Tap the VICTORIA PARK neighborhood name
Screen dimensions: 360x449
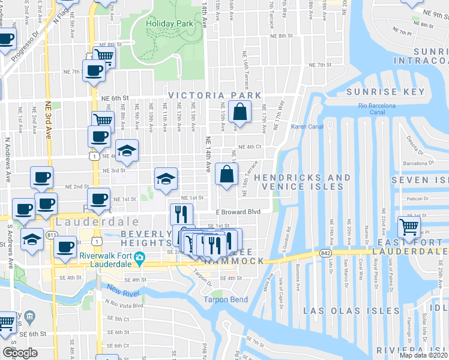point(215,95)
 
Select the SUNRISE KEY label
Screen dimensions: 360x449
point(385,92)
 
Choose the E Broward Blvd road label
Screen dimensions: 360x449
point(238,212)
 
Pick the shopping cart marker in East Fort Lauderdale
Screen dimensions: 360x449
point(409,227)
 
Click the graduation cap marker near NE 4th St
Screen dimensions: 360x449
point(127,152)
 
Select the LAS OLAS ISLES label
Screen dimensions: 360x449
point(351,311)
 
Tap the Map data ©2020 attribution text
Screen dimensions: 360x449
point(423,355)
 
